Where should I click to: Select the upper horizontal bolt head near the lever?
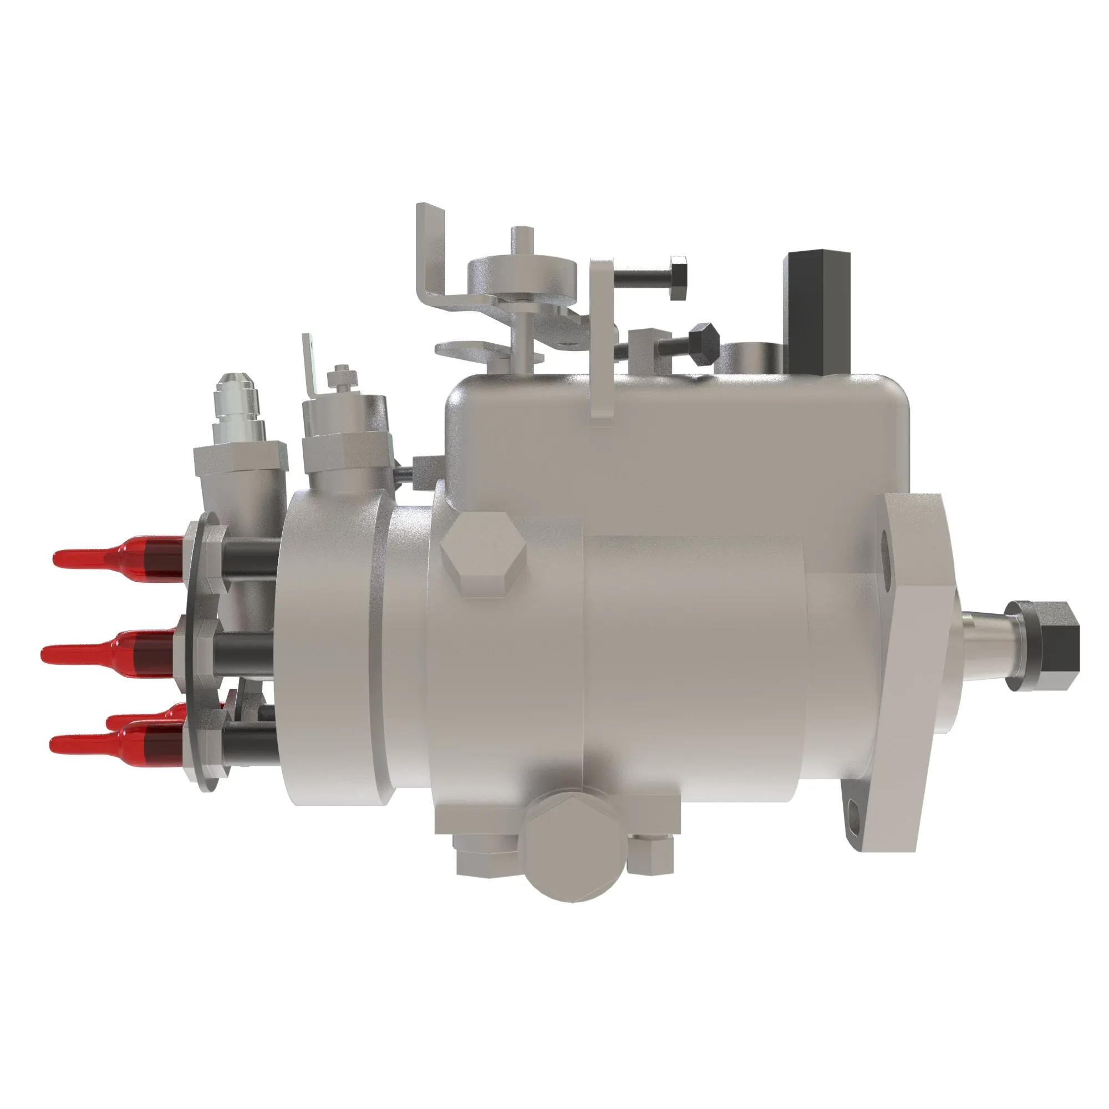point(679,277)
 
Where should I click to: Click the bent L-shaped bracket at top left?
point(434,258)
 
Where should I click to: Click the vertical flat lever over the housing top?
point(602,339)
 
